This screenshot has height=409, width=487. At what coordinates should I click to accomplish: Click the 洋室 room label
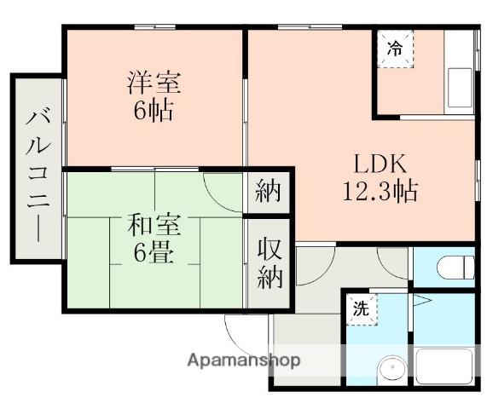point(154,84)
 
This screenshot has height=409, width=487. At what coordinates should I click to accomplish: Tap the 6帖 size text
point(154,111)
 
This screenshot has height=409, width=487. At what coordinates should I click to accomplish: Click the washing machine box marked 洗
point(361,310)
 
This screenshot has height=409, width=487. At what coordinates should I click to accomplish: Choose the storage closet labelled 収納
point(269,263)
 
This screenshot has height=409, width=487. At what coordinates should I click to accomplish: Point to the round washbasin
point(391,367)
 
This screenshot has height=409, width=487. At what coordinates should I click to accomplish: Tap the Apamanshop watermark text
point(244,360)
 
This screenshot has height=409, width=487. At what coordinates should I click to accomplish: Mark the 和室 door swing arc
point(223,192)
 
